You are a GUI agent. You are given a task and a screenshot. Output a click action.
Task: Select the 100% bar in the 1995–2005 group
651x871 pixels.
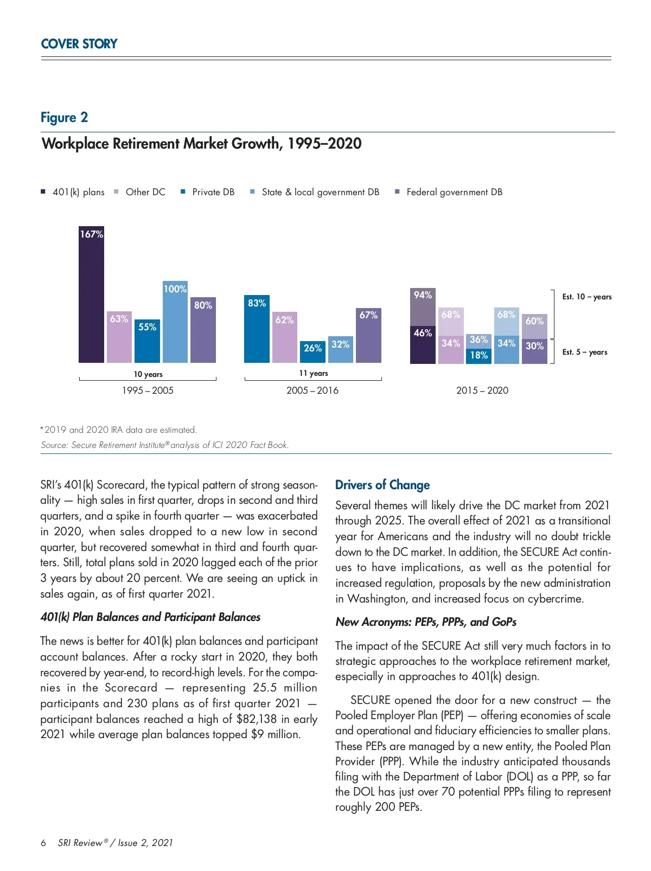tap(175, 322)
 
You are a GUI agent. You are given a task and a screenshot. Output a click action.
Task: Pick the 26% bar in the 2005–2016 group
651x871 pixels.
tap(312, 351)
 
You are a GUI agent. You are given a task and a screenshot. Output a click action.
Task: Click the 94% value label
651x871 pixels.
tap(423, 295)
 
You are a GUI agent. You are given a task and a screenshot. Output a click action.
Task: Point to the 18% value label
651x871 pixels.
tap(478, 355)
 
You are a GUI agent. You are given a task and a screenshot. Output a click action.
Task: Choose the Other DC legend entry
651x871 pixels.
tap(145, 192)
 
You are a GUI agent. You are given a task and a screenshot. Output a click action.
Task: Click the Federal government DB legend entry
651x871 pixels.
tap(454, 192)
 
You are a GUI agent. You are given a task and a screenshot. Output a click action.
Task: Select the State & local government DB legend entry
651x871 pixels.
tap(320, 192)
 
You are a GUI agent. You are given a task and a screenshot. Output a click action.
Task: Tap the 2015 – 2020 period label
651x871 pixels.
tap(482, 390)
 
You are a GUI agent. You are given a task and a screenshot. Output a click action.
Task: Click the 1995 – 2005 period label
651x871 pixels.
tap(148, 390)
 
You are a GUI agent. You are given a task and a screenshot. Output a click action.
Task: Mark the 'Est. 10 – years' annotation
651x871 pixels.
tap(586, 297)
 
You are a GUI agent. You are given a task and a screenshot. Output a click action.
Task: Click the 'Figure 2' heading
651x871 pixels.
tap(64, 118)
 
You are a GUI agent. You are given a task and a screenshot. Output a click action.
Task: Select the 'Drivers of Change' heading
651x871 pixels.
tap(382, 485)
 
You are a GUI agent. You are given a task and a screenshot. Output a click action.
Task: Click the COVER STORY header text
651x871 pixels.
tap(79, 44)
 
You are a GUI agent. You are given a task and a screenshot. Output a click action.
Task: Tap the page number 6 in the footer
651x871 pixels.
tap(43, 843)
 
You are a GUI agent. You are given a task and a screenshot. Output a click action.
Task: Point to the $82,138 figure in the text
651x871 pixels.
tap(257, 719)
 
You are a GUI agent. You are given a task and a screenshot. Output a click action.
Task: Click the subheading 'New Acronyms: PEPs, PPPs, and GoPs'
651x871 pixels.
tap(426, 622)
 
